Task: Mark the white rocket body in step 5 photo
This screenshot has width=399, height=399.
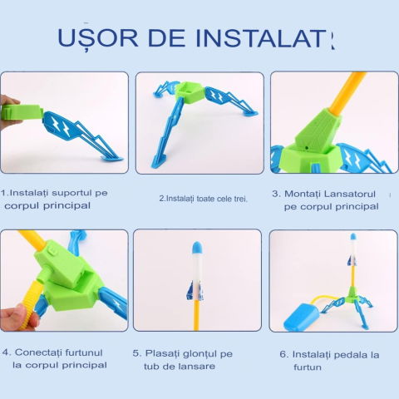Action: coord(196,270)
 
